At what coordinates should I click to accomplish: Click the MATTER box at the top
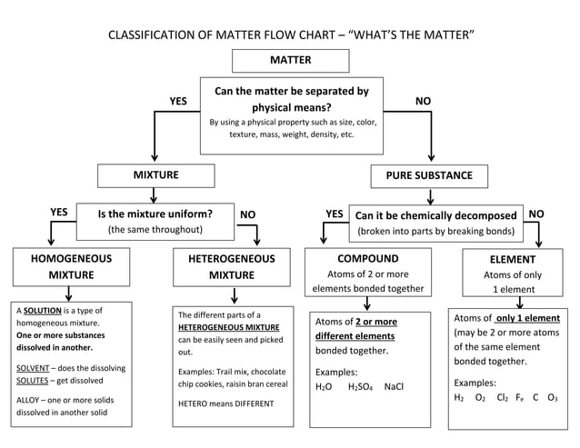coord(290,61)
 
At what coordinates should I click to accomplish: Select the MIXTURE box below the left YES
coord(155,174)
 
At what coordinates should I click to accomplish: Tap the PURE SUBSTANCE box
coord(429,175)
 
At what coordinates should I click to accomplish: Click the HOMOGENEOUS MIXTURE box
coord(71,266)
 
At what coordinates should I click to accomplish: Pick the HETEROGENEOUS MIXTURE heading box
coord(231,266)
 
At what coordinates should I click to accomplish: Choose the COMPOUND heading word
coord(367,258)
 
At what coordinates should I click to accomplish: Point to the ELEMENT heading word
coord(512,259)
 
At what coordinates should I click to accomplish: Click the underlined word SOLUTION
coord(43,310)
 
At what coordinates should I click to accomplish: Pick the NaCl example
coord(394,387)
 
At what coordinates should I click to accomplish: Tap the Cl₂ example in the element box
coord(502,398)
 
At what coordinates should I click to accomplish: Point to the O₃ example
coord(552,398)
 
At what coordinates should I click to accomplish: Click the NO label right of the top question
coord(423,101)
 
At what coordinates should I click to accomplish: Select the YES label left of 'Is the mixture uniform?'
coord(58,213)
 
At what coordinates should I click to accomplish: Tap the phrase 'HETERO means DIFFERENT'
coord(225,403)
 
